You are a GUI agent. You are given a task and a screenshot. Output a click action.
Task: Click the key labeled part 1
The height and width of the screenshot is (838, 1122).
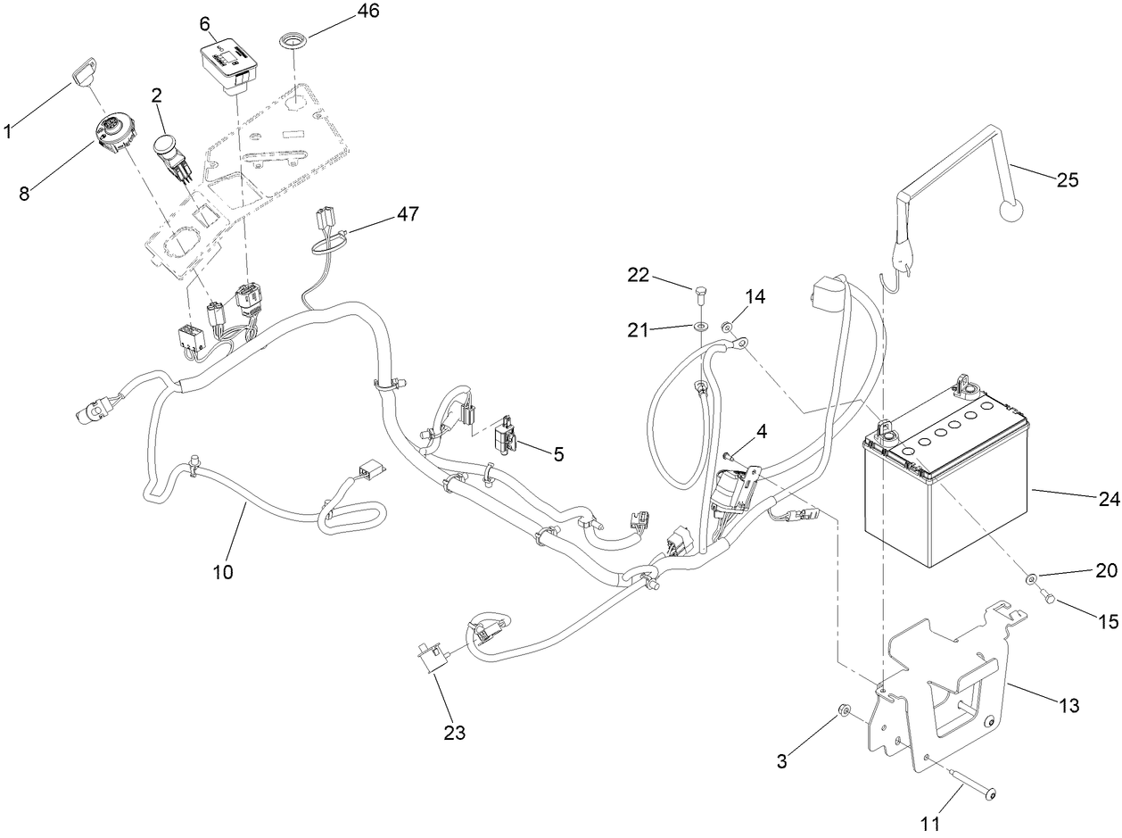(x=85, y=70)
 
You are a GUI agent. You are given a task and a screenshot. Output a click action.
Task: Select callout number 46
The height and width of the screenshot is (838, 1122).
(x=342, y=12)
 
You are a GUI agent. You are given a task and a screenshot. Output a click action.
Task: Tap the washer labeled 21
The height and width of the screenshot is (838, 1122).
(x=702, y=328)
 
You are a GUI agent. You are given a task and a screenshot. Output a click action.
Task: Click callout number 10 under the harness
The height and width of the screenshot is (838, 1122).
(x=222, y=572)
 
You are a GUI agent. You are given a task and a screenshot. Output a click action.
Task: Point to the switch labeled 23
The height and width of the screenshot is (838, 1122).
(x=430, y=661)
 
